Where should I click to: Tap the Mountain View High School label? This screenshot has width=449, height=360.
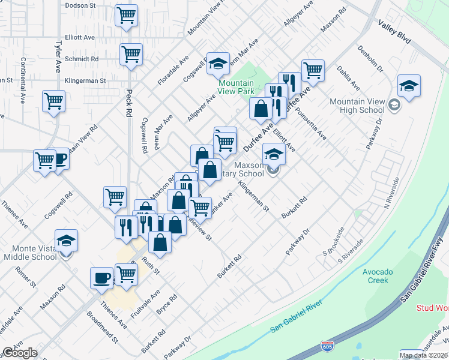357,106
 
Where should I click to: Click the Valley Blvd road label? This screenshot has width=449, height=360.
394,31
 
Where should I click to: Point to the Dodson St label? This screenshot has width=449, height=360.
80,5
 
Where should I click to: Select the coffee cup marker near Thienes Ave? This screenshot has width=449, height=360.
101,278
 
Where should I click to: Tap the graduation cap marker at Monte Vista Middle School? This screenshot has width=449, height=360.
66,241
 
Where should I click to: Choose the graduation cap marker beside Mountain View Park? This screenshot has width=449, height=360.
217,64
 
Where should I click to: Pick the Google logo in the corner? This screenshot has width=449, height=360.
20,353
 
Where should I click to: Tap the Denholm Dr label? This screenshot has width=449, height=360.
370,59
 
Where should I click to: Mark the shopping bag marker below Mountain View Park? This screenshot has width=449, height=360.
261,109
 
